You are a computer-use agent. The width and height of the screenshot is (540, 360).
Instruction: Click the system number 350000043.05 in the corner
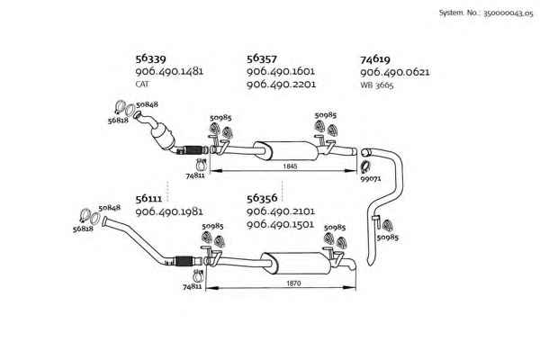click(x=508, y=13)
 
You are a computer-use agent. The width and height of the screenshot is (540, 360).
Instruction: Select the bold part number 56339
click(x=150, y=58)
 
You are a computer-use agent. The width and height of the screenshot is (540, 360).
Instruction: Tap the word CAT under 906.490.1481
click(x=142, y=84)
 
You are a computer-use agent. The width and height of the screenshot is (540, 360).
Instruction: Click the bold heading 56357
click(x=262, y=58)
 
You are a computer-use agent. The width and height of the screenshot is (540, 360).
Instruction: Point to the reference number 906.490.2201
click(x=281, y=85)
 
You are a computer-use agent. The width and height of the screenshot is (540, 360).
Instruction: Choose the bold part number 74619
click(x=375, y=59)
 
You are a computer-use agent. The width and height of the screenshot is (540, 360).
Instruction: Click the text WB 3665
click(x=377, y=85)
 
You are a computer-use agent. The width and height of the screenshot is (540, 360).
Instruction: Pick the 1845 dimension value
click(x=290, y=166)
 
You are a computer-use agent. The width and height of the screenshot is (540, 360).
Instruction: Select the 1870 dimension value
click(x=293, y=283)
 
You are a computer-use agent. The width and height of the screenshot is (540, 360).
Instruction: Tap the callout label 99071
click(x=371, y=179)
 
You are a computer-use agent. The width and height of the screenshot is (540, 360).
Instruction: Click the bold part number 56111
click(x=148, y=199)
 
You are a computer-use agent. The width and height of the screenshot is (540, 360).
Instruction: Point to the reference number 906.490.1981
click(x=169, y=211)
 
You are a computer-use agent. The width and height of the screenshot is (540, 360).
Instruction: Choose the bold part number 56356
click(x=262, y=198)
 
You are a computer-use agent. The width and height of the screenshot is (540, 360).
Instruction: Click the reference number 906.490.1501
click(x=280, y=225)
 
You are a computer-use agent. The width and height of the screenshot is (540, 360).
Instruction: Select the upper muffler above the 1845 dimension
click(x=286, y=150)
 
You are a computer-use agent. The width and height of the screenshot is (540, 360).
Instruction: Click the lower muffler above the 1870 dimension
click(x=295, y=263)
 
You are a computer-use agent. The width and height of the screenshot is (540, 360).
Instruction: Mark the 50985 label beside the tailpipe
click(x=387, y=238)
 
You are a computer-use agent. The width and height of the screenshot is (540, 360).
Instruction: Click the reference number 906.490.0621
click(x=395, y=72)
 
